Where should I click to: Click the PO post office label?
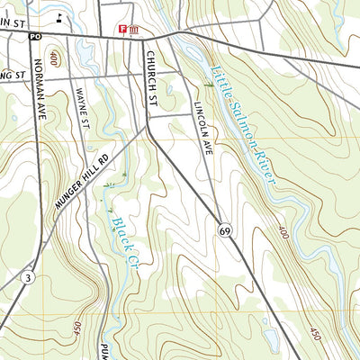[x=34, y=36]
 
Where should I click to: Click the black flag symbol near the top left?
[x=59, y=16]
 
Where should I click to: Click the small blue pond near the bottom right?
[x=270, y=338]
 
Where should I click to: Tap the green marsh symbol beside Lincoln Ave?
[x=208, y=84]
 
